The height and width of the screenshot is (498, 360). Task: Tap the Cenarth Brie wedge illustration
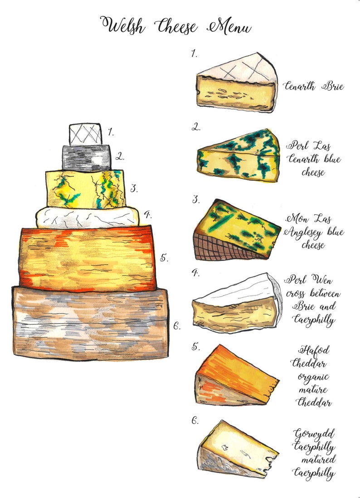point(237,84)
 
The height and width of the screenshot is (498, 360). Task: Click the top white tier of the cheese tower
point(85,134)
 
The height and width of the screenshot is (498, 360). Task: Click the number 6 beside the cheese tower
point(177,325)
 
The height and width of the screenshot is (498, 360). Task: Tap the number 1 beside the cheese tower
point(110,132)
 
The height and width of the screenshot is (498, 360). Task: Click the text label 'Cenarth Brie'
point(313,86)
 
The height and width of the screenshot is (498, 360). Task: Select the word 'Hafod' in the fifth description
point(313,350)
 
